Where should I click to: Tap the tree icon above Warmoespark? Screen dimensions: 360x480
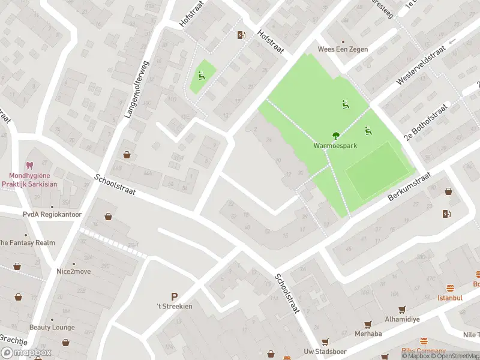point(335,136)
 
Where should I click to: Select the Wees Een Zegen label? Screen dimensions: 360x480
point(343,49)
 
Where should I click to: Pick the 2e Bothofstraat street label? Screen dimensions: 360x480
point(426,122)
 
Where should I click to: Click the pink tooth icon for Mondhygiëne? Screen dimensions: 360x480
point(29,166)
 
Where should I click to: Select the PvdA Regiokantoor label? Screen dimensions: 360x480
point(52,214)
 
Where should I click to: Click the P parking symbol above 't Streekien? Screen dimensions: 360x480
point(175,296)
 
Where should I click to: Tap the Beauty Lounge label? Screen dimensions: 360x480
point(52,328)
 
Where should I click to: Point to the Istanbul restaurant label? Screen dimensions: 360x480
point(449,298)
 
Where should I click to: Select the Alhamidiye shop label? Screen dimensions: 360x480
point(402,319)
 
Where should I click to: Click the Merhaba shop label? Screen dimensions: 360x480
point(368,334)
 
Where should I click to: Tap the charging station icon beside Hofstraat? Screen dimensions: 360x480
point(241,35)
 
